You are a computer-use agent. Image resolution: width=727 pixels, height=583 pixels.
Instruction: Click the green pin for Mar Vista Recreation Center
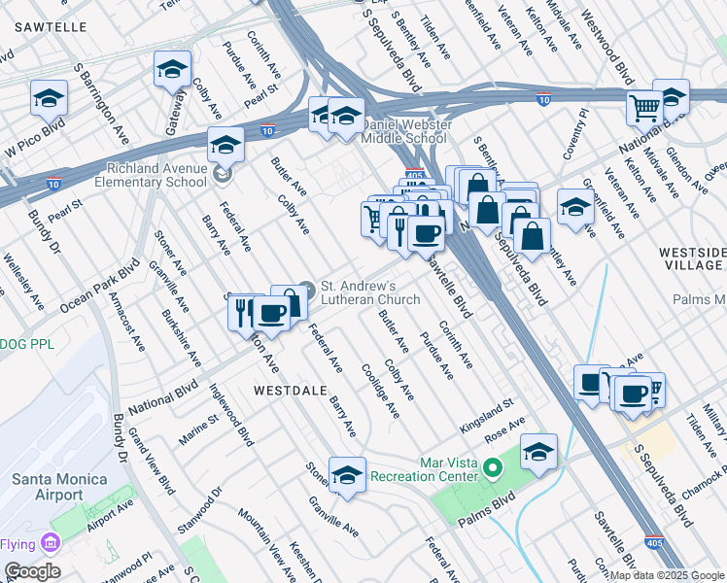(493, 469)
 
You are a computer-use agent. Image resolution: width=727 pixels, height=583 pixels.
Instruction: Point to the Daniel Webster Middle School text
(403, 132)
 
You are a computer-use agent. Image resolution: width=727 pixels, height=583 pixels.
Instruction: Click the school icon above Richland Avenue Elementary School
(225, 146)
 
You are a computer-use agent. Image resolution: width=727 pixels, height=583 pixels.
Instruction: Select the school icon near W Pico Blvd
(49, 98)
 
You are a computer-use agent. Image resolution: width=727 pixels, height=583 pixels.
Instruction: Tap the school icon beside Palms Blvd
(538, 452)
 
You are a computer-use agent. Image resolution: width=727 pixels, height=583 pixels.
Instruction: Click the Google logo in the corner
(32, 571)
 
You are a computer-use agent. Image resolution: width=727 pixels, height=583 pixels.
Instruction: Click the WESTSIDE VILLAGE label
(691, 258)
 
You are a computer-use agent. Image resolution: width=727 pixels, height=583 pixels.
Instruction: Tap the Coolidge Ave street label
(380, 391)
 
